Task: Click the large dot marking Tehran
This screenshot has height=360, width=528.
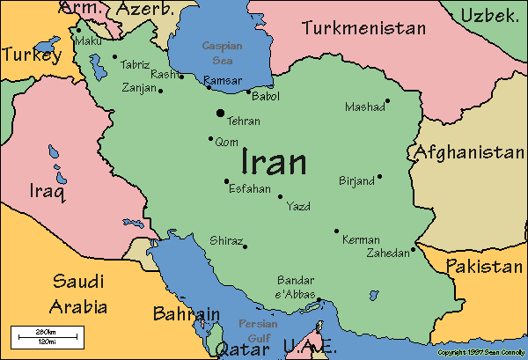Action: pyautogui.click(x=219, y=112)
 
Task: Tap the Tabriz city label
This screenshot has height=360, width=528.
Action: pyautogui.click(x=134, y=63)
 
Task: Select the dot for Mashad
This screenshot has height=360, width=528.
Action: pyautogui.click(x=387, y=100)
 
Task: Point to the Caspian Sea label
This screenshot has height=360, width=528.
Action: pyautogui.click(x=217, y=51)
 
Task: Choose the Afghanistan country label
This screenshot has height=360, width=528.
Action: pyautogui.click(x=469, y=152)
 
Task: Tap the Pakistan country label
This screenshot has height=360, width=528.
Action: pyautogui.click(x=483, y=266)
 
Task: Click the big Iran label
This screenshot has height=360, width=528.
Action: pyautogui.click(x=274, y=162)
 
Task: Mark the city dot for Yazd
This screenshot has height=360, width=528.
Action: pyautogui.click(x=281, y=196)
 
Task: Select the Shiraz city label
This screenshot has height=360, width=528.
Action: pyautogui.click(x=224, y=240)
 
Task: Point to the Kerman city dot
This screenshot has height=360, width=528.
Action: pyautogui.click(x=336, y=231)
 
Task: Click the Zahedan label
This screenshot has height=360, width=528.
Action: pyautogui.click(x=388, y=253)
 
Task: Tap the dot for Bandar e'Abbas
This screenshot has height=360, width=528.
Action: pyautogui.click(x=319, y=300)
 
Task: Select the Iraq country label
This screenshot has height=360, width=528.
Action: pyautogui.click(x=48, y=190)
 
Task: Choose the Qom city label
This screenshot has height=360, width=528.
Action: pyautogui.click(x=226, y=141)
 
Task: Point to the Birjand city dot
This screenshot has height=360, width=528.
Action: pyautogui.click(x=379, y=176)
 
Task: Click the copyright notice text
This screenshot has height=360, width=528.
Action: pyautogui.click(x=480, y=352)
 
